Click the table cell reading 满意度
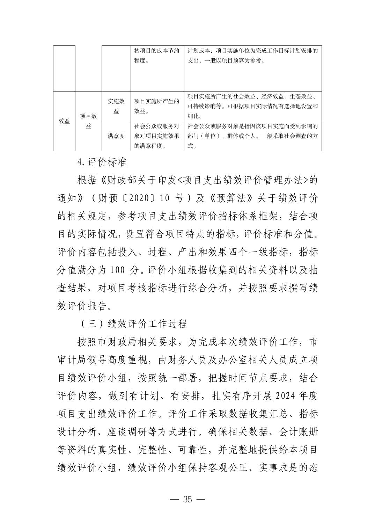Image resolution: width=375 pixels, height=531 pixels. pos(116,136)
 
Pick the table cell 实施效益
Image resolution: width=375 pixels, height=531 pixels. pos(116,106)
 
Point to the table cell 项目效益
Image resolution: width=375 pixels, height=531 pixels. pos(88,121)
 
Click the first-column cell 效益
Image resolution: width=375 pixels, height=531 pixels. pos(64,121)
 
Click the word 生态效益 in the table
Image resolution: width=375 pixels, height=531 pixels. pos(299,96)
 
